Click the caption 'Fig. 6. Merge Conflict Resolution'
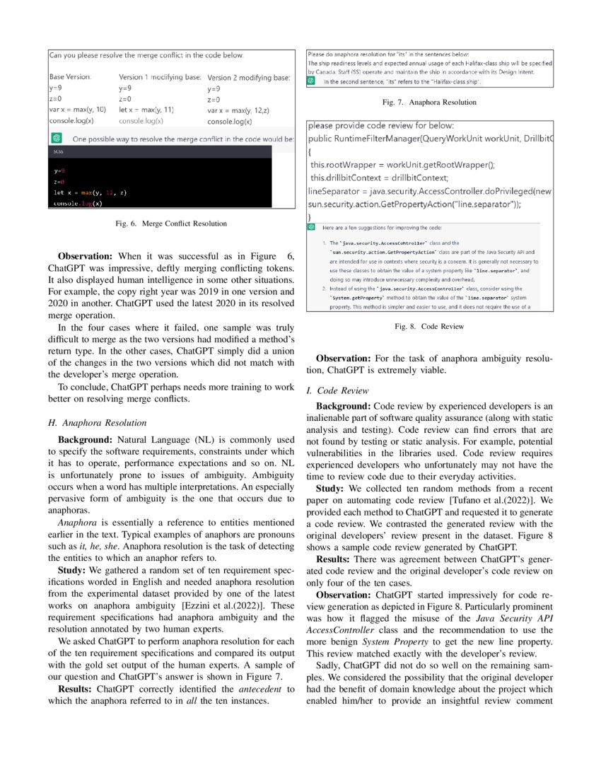click(171, 224)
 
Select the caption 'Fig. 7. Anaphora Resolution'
click(429, 103)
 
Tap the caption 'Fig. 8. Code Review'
click(429, 327)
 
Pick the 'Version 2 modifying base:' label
click(249, 77)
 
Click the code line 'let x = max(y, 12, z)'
click(91, 192)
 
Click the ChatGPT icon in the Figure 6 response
click(57, 138)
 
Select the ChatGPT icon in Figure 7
click(311, 81)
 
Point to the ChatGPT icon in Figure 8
click(311, 228)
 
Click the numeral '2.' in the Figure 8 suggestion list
click(315, 289)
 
